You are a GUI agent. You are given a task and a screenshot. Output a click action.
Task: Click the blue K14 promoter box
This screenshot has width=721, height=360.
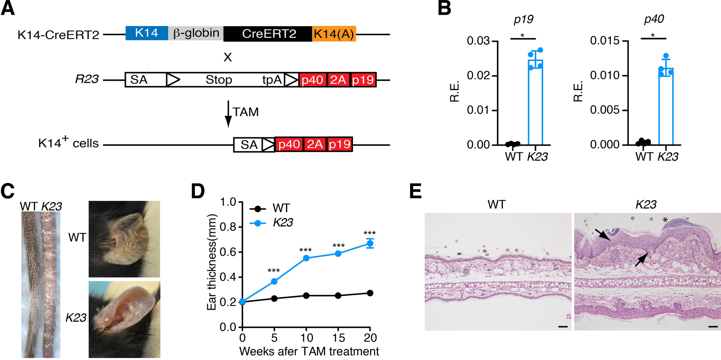(x=146, y=33)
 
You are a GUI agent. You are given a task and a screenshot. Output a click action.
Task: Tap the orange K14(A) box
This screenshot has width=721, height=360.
(x=334, y=34)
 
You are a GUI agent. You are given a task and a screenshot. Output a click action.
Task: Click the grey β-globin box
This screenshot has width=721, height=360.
(x=196, y=33)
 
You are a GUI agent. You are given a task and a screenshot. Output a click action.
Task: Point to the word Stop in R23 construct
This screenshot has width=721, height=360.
(x=218, y=80)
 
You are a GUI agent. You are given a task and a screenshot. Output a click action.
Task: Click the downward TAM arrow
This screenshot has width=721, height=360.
(x=228, y=114)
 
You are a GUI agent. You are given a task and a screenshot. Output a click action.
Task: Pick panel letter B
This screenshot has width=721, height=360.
(x=444, y=8)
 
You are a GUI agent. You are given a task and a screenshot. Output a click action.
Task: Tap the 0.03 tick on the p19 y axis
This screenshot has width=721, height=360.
(x=479, y=41)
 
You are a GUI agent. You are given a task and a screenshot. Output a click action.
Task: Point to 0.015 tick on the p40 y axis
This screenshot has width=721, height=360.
(x=604, y=41)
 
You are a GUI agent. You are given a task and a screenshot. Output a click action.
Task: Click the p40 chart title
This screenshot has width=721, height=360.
(x=654, y=19)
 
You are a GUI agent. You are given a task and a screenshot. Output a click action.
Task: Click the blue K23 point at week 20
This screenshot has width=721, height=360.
(x=369, y=243)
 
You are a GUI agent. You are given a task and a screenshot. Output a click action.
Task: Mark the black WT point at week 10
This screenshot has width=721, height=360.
(x=306, y=296)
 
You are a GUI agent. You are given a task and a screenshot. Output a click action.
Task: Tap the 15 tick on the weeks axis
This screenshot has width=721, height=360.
(x=338, y=337)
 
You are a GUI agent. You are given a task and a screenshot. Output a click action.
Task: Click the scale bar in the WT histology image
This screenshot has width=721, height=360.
(x=563, y=327)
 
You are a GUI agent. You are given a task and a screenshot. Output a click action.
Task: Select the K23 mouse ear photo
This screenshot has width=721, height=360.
(x=124, y=319)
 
